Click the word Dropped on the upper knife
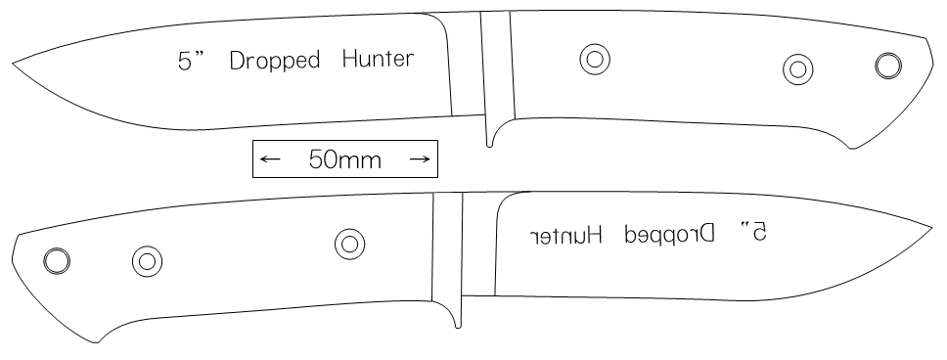click(x=275, y=61)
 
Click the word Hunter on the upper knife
click(x=378, y=59)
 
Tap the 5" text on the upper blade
click(x=192, y=61)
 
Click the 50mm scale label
click(x=345, y=159)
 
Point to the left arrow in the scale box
click(x=270, y=159)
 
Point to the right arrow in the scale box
click(x=420, y=158)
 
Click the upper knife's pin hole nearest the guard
click(x=595, y=60)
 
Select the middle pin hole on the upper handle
click(x=798, y=69)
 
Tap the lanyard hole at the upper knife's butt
click(x=888, y=66)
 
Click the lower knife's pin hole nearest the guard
click(x=349, y=244)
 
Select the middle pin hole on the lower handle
click(x=147, y=261)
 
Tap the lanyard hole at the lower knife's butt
click(x=57, y=261)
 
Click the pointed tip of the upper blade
click(x=13, y=63)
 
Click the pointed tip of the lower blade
click(x=933, y=228)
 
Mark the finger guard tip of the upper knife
click(x=489, y=146)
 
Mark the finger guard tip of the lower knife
click(x=458, y=327)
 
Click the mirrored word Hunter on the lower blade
click(x=566, y=235)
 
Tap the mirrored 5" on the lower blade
click(x=753, y=232)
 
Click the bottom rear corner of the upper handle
click(x=851, y=148)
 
